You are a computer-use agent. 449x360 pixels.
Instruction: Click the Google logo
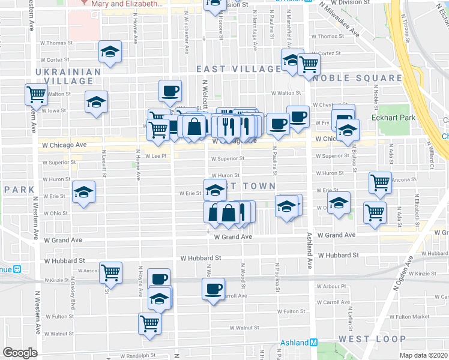[x=20, y=353]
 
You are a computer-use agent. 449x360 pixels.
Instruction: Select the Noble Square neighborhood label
[x=357, y=78]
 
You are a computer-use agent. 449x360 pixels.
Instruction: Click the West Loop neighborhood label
[x=363, y=339]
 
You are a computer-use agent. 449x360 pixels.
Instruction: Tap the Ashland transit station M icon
[x=313, y=343]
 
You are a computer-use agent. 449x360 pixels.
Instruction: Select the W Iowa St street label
[x=56, y=110]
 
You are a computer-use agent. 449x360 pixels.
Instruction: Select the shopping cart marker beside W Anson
[x=111, y=272]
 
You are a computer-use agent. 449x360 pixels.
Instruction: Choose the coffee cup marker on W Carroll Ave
[x=214, y=288]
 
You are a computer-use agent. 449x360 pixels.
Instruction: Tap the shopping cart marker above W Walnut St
[x=150, y=323]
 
